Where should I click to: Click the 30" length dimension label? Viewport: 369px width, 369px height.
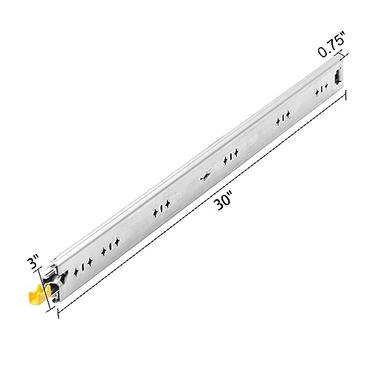coord(224,201)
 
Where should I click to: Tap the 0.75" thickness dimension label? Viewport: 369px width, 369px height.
coord(331,44)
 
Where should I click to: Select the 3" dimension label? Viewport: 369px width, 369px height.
coord(33,262)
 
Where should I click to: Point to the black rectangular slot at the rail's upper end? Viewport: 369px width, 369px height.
coord(337,77)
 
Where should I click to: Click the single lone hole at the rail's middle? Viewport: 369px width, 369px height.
coord(205,176)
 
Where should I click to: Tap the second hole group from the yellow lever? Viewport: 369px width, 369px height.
coord(110,246)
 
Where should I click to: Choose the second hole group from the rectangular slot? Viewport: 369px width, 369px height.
coord(283,118)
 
